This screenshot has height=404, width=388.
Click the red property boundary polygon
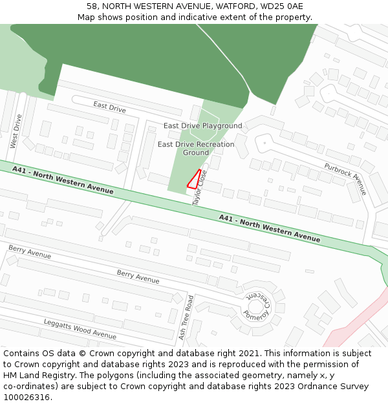[195, 180]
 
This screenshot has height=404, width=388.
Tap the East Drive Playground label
[202, 126]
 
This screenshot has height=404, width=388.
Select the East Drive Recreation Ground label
[196, 148]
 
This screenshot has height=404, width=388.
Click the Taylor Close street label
[199, 187]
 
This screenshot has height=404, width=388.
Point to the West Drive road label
[17, 131]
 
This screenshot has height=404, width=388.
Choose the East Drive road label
[109, 107]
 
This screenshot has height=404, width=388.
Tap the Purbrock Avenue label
[345, 179]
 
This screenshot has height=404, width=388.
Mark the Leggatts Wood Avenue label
[80, 329]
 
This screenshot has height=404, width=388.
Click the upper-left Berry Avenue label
[30, 252]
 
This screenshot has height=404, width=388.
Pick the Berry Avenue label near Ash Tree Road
[138, 277]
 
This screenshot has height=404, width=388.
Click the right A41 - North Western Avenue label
[269, 228]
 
